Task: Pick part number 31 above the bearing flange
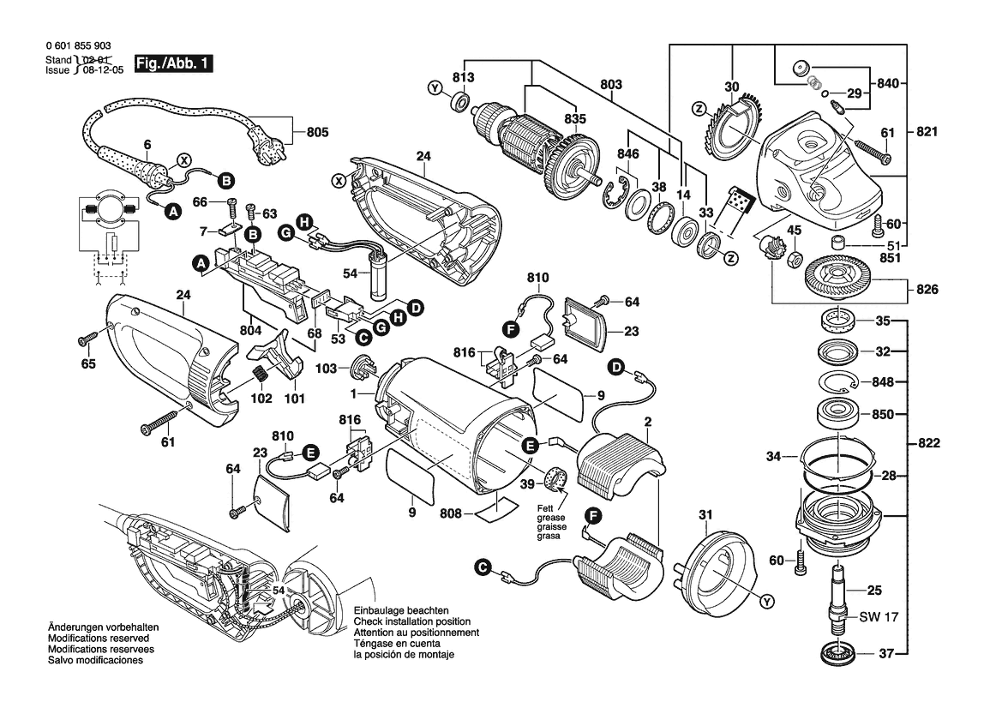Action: coord(705,514)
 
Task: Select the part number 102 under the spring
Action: coord(261,399)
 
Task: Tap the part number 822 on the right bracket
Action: coord(927,444)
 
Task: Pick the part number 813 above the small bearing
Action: coord(464,78)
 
